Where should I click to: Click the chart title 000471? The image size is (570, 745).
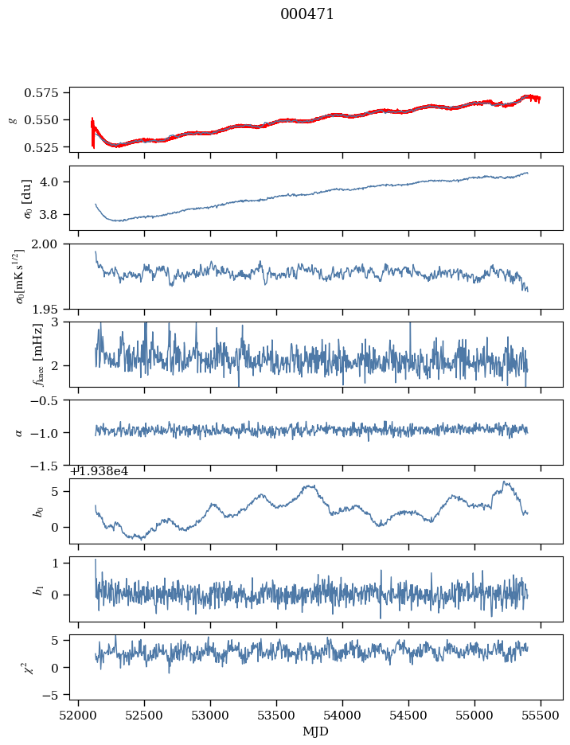pyautogui.click(x=307, y=14)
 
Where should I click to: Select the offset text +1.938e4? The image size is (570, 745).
pyautogui.click(x=100, y=471)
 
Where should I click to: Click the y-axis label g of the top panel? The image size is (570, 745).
pyautogui.click(x=12, y=119)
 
